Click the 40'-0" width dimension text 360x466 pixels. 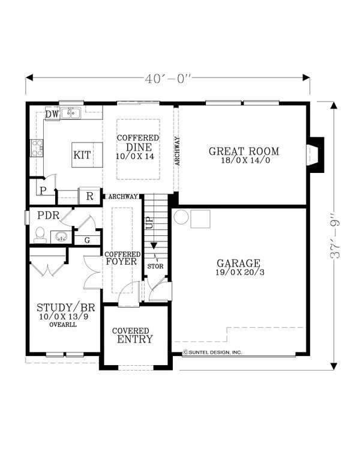point(168,79)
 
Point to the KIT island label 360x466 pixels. point(82,155)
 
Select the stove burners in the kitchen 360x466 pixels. point(37,147)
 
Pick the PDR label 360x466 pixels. point(47,215)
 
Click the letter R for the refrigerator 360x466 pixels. point(89,196)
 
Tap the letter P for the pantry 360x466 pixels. point(43,192)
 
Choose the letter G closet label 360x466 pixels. point(87,240)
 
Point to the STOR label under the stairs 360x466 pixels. point(155,266)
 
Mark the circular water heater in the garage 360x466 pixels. point(181,217)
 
